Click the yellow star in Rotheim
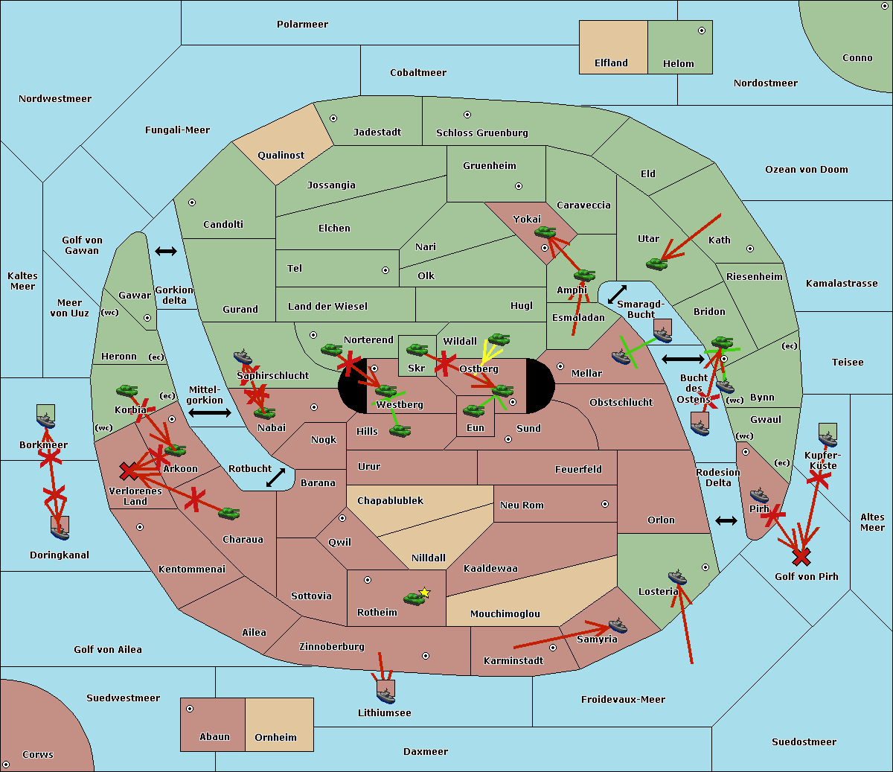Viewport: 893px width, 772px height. (x=425, y=593)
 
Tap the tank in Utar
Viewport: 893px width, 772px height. (x=656, y=264)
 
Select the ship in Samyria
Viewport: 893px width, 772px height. (x=617, y=625)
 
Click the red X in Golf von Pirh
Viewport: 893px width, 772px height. (x=801, y=556)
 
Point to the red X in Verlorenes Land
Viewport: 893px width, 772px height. (x=129, y=470)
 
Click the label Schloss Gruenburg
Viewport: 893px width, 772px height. (x=481, y=133)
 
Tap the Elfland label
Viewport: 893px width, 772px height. (x=611, y=63)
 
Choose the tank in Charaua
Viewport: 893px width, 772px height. (x=228, y=513)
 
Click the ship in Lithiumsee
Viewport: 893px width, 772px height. (x=385, y=695)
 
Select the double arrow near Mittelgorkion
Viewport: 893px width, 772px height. (x=209, y=412)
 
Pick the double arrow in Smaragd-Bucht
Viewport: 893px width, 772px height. (x=617, y=295)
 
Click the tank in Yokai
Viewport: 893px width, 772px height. (x=545, y=232)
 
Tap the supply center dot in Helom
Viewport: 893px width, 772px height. (x=701, y=31)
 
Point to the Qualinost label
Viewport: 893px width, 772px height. (x=281, y=156)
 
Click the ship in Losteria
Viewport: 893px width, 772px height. (x=677, y=577)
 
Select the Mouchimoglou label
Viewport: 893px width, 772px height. (x=505, y=614)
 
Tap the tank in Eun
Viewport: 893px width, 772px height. (x=474, y=410)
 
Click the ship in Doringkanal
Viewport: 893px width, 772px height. (x=60, y=531)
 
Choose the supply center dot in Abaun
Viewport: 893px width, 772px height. (x=190, y=709)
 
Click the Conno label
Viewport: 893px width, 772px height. (x=857, y=58)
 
